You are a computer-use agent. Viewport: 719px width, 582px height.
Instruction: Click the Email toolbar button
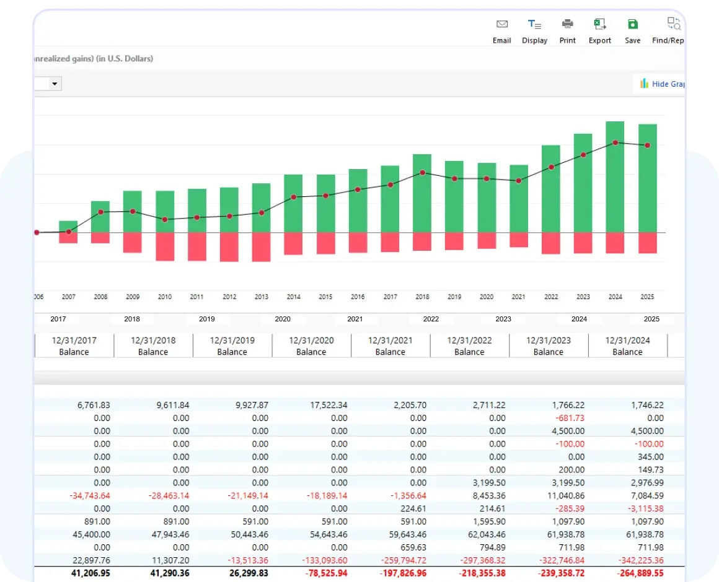click(x=502, y=31)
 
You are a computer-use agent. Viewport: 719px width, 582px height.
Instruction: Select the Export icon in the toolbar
click(x=599, y=31)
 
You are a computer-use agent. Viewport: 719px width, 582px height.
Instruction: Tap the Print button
click(x=567, y=31)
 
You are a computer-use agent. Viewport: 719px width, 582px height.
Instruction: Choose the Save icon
click(x=632, y=31)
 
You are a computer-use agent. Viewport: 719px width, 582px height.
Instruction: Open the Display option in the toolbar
click(x=534, y=31)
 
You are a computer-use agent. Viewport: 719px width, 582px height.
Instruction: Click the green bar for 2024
click(x=615, y=176)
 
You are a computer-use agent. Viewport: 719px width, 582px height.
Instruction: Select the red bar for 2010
click(x=165, y=246)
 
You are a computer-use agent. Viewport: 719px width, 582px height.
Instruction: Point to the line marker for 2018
click(x=422, y=173)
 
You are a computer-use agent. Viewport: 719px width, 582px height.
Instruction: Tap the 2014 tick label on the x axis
click(x=293, y=297)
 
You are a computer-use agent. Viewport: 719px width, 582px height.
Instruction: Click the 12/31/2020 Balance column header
click(x=311, y=345)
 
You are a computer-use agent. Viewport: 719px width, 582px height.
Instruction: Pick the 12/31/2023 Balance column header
click(x=549, y=345)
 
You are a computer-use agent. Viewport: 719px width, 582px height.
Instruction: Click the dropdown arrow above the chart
click(x=55, y=84)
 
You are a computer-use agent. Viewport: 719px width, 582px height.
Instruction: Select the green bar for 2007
click(x=68, y=227)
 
